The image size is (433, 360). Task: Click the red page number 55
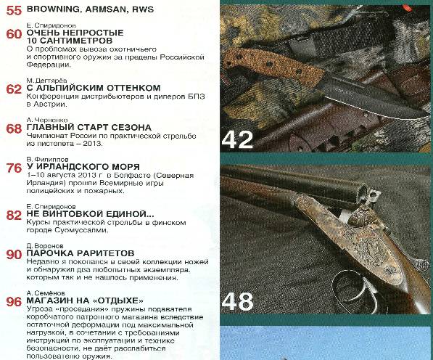[14, 12]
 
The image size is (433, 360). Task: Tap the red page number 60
[14, 34]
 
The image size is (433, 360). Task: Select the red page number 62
[14, 89]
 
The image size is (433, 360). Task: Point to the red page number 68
[14, 129]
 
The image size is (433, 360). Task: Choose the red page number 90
[14, 254]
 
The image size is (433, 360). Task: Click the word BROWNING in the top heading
[55, 12]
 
